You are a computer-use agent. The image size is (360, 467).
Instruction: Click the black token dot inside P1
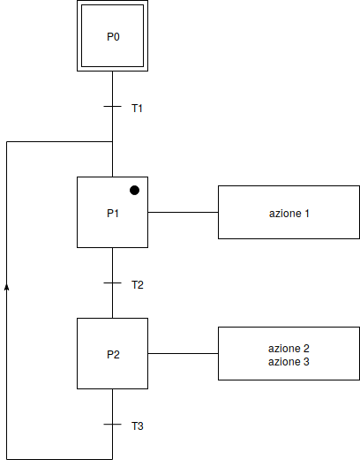[x=135, y=190]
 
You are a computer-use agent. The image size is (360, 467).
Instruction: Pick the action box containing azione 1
[x=289, y=213]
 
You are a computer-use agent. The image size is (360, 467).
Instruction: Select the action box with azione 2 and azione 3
[x=289, y=354]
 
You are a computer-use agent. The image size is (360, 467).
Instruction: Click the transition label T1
[x=138, y=109]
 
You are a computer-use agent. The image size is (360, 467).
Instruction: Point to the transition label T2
[x=138, y=285]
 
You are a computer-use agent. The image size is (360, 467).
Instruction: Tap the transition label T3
[x=138, y=426]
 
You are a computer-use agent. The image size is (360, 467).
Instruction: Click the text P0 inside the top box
[x=113, y=37]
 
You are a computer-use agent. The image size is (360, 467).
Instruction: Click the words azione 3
[x=289, y=362]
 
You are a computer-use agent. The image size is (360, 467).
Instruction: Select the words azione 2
[x=289, y=349]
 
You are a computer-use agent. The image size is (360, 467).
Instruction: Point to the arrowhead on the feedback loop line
[x=7, y=286]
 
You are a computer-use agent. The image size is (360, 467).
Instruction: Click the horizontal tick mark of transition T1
[x=112, y=107]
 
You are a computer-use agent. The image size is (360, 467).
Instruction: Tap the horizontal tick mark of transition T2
[x=112, y=283]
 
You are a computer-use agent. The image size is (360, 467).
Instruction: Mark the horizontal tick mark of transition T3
[x=112, y=425]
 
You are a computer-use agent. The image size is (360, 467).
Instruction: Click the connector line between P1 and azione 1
[x=183, y=213]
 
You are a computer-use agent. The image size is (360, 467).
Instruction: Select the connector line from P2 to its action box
[x=183, y=354]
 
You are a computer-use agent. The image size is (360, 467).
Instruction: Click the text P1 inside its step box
[x=113, y=214]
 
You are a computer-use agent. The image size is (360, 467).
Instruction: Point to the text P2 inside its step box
[x=113, y=355]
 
